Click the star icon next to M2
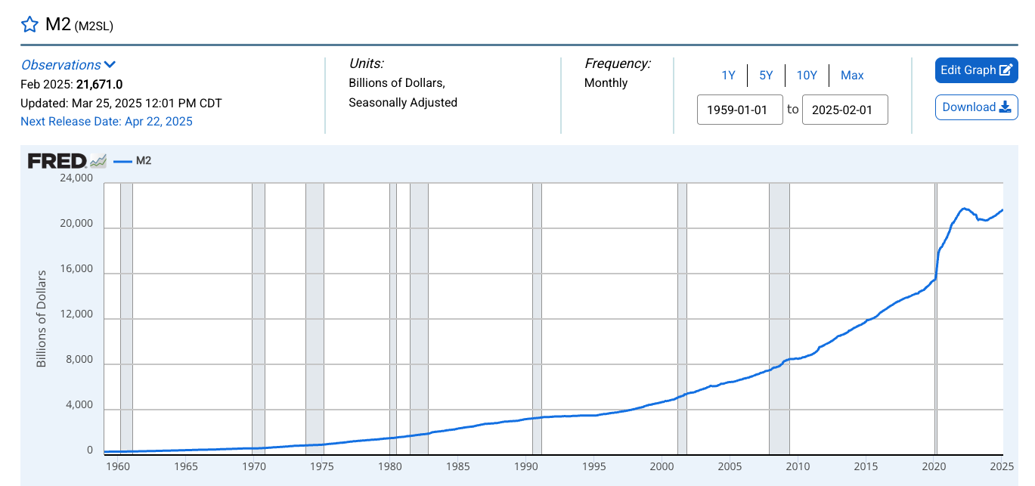pos(29,24)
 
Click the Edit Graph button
pos(976,70)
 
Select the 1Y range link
pos(728,75)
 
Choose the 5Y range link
pos(766,75)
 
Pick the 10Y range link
pos(807,75)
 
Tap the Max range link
pos(852,75)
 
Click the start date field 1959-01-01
pos(739,110)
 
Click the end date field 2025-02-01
pos(844,110)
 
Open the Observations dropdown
pos(68,65)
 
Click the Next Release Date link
pos(107,121)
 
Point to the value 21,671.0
pos(99,84)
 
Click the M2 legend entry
pos(134,160)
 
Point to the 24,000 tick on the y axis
pos(75,178)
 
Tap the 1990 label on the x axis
pos(525,466)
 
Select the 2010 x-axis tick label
pos(798,466)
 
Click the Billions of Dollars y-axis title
pos(42,318)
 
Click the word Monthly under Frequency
pos(606,83)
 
